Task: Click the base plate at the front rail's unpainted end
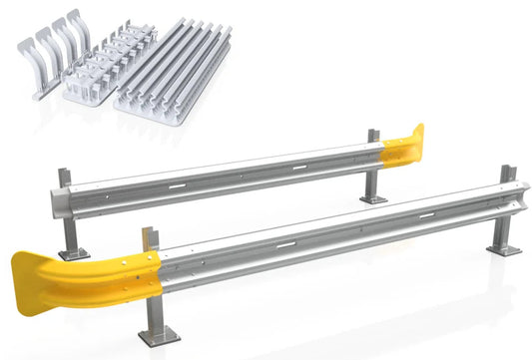(504, 249)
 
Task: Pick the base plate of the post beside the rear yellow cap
(373, 198)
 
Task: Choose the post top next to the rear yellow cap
(371, 137)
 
